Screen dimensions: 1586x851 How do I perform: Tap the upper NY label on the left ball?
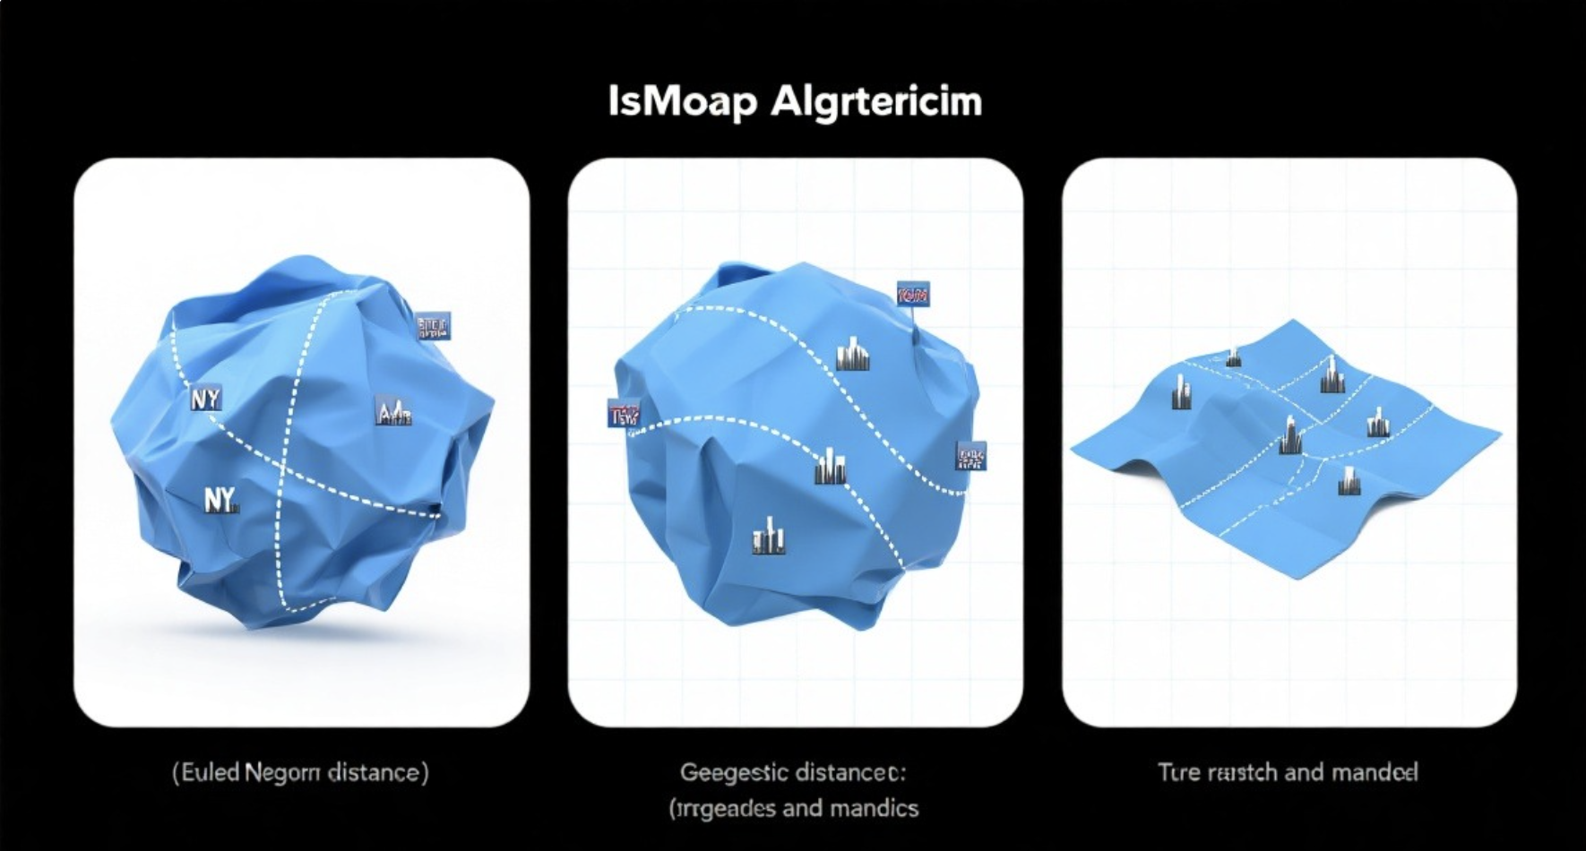(205, 399)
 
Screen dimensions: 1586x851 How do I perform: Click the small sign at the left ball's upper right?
(434, 326)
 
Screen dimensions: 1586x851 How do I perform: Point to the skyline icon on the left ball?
(392, 412)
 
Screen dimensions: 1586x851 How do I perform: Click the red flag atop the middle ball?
(913, 294)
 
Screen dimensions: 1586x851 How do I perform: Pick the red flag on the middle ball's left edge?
(624, 413)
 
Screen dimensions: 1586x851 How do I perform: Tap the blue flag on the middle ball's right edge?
(970, 456)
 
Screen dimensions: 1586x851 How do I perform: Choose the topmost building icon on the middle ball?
(853, 354)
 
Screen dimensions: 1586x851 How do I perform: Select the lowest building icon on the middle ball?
(768, 535)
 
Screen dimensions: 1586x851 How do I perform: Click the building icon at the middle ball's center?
(831, 468)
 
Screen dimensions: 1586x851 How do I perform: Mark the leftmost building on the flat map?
(1181, 393)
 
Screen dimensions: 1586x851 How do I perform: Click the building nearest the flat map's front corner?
(1349, 482)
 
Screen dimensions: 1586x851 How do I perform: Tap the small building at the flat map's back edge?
(1234, 357)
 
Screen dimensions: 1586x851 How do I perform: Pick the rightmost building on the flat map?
(1377, 422)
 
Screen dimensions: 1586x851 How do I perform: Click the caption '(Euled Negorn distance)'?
(300, 772)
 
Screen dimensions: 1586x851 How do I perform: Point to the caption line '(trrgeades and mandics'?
(793, 808)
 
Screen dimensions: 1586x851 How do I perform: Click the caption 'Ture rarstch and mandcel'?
(1288, 772)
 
